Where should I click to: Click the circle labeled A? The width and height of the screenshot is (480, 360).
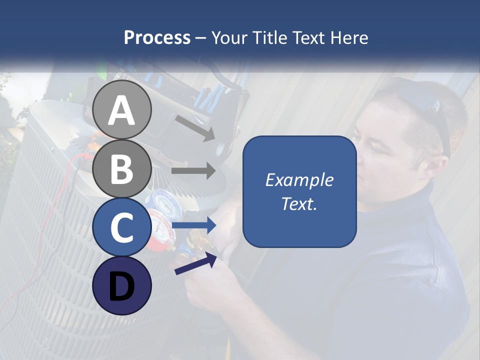point(122,110)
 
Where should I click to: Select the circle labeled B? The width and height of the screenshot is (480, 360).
point(122,168)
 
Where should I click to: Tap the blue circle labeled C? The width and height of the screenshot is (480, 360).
point(122,227)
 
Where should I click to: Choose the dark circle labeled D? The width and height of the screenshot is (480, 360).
point(122,285)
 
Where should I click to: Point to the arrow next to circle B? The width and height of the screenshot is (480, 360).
point(193,171)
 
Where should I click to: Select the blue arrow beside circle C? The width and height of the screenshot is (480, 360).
point(194,226)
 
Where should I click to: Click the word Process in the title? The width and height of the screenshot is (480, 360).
point(157,38)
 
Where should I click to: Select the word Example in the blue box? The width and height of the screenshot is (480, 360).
point(299,180)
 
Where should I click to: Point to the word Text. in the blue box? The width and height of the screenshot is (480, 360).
point(299,204)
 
